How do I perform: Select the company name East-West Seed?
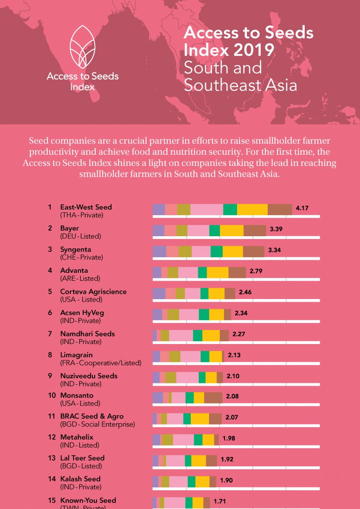[86, 207]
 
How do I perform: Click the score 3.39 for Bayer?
[276, 229]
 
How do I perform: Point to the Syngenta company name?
[75, 249]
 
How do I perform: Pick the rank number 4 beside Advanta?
[50, 270]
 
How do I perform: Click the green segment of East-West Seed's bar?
[230, 210]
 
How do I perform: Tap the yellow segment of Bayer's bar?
[232, 230]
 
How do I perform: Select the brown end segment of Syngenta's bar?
[254, 251]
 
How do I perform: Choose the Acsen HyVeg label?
[82, 313]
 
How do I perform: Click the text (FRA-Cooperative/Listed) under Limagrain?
[101, 363]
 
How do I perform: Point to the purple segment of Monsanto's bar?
[157, 398]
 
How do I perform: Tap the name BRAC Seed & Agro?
[92, 416]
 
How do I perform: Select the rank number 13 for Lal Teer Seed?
[52, 458]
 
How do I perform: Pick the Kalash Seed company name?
[80, 479]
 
